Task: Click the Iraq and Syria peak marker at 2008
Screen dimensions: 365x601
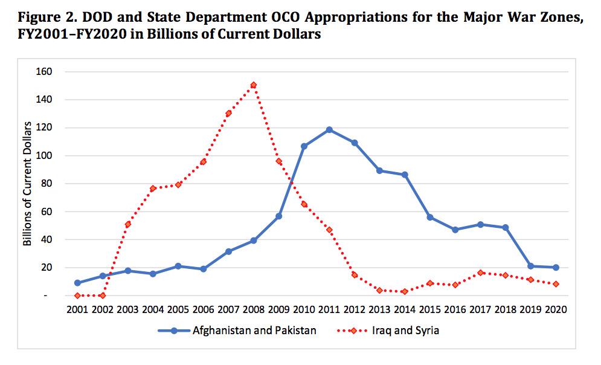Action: click(x=254, y=85)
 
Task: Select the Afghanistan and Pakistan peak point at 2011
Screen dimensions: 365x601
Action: click(x=329, y=130)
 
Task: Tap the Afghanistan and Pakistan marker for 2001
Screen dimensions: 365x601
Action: click(x=78, y=283)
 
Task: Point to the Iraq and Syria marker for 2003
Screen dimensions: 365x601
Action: click(x=128, y=224)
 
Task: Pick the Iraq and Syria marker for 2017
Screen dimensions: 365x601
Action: click(x=480, y=273)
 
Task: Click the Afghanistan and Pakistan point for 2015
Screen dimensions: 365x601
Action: click(x=430, y=218)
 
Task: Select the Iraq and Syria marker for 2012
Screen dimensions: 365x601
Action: click(x=355, y=275)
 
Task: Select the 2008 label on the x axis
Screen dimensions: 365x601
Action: click(x=254, y=310)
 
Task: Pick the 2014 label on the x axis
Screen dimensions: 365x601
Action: click(x=405, y=310)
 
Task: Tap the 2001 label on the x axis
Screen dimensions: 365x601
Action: click(x=78, y=310)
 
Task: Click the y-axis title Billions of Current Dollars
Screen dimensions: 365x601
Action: click(x=27, y=184)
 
